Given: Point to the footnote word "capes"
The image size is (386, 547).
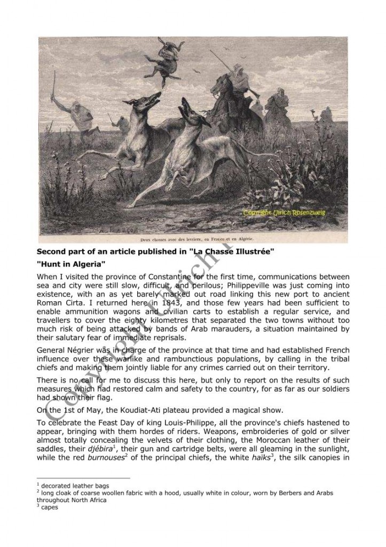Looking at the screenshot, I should pos(49,507).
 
